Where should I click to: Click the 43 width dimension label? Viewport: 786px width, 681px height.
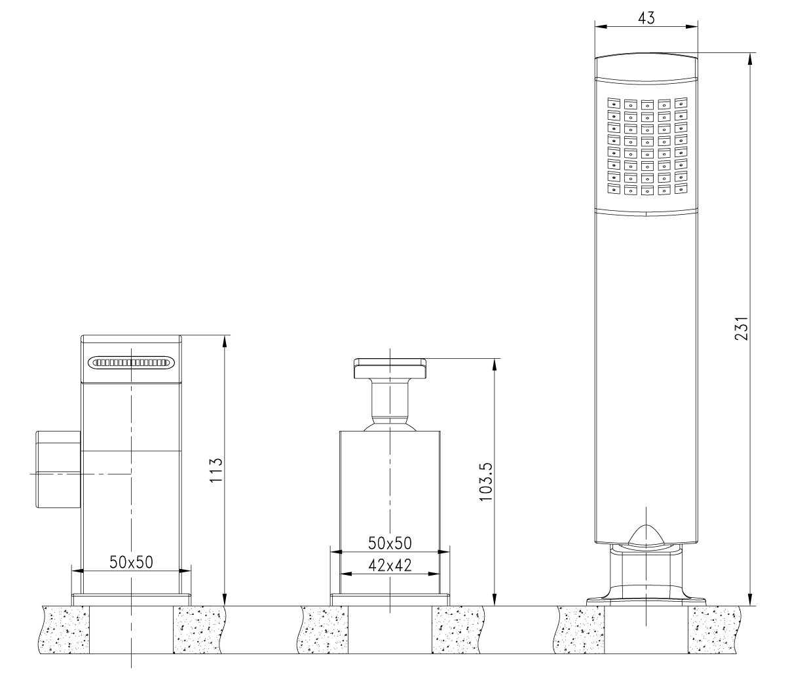646,18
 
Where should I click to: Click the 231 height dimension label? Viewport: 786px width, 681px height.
741,328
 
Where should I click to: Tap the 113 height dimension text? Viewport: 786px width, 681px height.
216,470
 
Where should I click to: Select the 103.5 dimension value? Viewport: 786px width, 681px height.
485,482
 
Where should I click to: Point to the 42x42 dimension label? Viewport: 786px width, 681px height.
390,565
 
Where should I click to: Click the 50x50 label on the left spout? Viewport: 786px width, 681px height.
131,562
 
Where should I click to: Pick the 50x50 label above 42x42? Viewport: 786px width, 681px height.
390,543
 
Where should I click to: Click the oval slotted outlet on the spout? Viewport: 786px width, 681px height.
132,362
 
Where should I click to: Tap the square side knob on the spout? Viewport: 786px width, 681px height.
58,469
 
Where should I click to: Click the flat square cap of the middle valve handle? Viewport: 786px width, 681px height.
390,368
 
